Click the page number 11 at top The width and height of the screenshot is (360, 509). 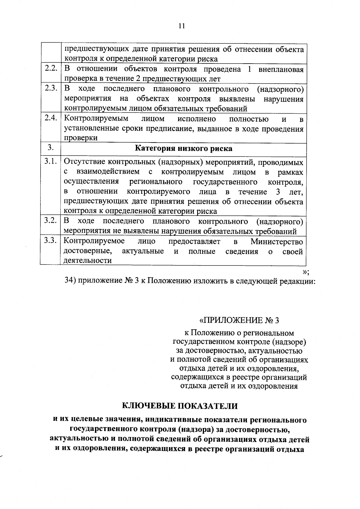click(x=181, y=26)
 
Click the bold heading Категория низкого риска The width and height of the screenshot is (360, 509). click(x=183, y=148)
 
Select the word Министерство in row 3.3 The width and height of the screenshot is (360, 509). click(x=277, y=241)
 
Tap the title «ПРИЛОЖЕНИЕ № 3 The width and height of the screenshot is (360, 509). click(x=239, y=320)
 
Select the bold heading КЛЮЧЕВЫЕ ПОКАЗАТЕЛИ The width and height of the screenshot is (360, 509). click(x=180, y=406)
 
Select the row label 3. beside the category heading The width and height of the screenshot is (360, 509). click(x=51, y=147)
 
